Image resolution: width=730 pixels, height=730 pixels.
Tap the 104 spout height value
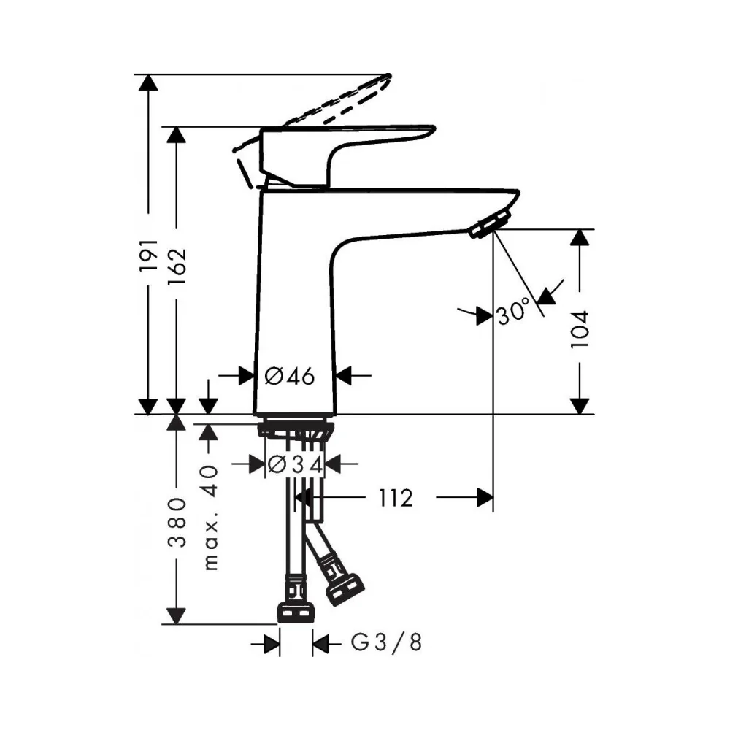580,329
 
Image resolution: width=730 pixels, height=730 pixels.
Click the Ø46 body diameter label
290,376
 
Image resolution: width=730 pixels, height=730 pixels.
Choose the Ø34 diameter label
295,464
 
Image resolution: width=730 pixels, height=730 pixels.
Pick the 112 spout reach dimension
395,499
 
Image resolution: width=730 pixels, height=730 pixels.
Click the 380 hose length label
177,522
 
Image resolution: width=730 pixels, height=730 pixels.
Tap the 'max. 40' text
210,518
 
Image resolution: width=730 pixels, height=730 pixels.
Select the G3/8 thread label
386,642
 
